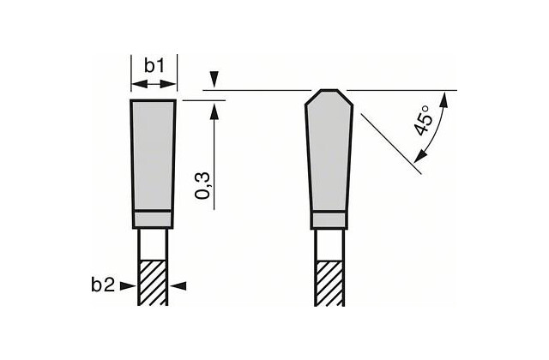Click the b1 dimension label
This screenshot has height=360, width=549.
tap(154, 65)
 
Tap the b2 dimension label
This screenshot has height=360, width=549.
tap(103, 285)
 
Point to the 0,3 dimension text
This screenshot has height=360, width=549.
tap(203, 185)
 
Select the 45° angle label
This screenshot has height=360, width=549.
tap(423, 121)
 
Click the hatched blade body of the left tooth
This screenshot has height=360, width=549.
tap(153, 283)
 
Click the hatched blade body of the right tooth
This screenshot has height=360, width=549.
tap(329, 284)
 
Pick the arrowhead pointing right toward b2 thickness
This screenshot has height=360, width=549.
tap(128, 286)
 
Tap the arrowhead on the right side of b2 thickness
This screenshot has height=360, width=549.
tap(178, 286)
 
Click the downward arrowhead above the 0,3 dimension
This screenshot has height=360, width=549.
tap(214, 80)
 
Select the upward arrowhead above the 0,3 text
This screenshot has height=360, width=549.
tap(214, 111)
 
